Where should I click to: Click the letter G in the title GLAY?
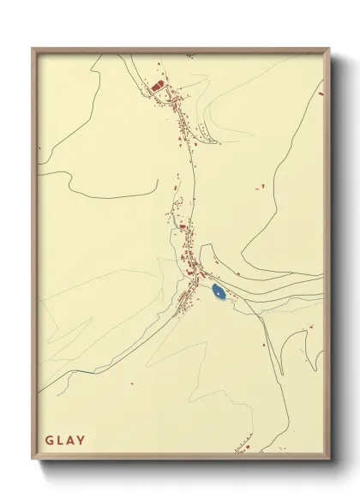tap(50, 441)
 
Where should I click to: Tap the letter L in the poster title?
tap(61, 441)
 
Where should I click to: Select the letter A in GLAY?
tap(71, 441)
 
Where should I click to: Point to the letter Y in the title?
tap(81, 441)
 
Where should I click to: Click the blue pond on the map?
tap(219, 292)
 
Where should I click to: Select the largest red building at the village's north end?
tap(157, 86)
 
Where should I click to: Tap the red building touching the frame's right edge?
tap(321, 92)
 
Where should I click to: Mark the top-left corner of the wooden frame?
tap(33, 50)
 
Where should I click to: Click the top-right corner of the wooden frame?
tap(329, 50)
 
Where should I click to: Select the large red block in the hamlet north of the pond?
tap(183, 227)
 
